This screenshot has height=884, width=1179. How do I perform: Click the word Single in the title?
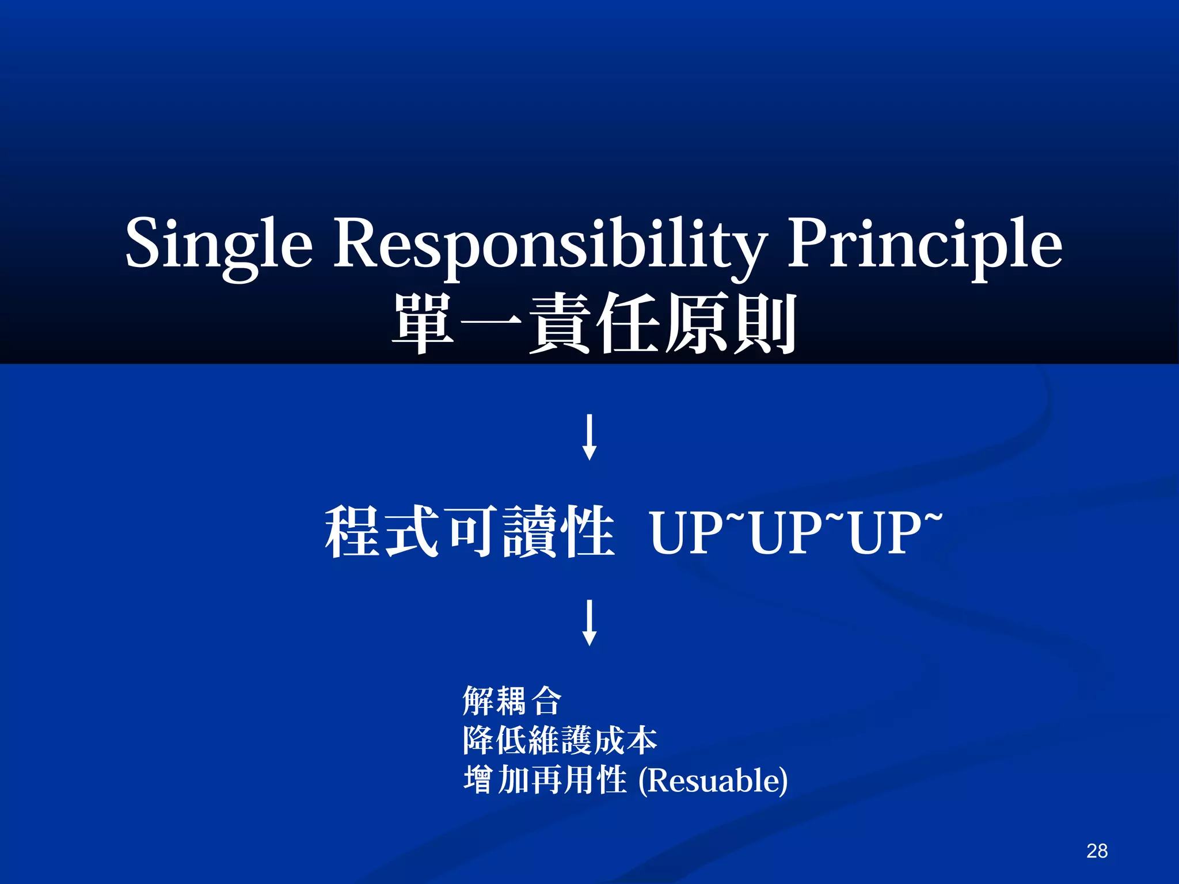tap(219, 245)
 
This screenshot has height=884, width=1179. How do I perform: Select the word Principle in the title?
tap(925, 245)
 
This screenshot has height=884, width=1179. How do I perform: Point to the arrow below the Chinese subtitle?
tap(589, 437)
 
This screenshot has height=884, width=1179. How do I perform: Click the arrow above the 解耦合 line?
tap(589, 623)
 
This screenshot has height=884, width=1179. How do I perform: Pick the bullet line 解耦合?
tap(512, 700)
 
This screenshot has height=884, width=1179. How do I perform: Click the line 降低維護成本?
tap(560, 740)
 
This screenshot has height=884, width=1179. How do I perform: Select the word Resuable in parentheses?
tap(714, 781)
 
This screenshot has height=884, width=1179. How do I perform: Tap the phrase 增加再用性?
tap(545, 780)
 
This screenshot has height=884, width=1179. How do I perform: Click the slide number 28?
tap(1097, 851)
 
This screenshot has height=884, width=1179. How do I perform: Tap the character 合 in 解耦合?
tap(546, 700)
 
